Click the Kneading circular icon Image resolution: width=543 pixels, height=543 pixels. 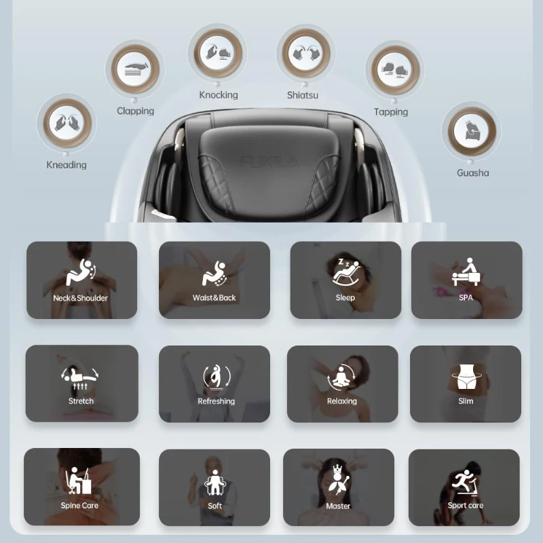pos(67,123)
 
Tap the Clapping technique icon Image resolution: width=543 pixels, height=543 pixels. pos(135,69)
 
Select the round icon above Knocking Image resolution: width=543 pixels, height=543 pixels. pos(218,53)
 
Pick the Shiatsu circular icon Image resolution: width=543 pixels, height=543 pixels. pos(306,54)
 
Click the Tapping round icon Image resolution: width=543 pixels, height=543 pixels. pos(395,70)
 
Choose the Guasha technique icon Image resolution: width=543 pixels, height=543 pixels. pos(472,131)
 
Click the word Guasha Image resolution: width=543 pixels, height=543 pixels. pos(472,173)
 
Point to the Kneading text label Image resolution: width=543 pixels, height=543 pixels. pos(67,165)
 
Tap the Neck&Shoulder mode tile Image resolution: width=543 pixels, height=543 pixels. pos(81,280)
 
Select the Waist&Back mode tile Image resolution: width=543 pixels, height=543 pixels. pos(214,280)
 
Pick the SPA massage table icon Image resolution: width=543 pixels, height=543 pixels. pos(466,272)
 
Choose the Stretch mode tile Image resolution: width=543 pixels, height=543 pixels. pos(81,383)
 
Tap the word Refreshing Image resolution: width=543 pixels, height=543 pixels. pos(216,401)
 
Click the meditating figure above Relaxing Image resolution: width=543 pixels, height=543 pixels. pos(341,377)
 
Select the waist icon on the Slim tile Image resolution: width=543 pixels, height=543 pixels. pos(466,377)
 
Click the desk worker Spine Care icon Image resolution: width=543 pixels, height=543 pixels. pos(79,481)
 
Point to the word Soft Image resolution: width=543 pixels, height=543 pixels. pos(214,506)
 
